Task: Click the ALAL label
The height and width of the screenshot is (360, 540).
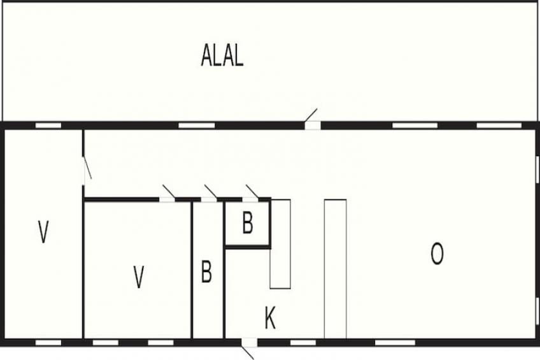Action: (222, 56)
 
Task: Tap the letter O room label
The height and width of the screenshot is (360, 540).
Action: (437, 254)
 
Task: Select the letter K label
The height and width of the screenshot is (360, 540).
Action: (270, 319)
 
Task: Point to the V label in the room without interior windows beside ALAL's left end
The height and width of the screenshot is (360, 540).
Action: (43, 232)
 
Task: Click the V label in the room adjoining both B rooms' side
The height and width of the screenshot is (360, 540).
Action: (138, 278)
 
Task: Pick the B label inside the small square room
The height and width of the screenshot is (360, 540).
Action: (248, 224)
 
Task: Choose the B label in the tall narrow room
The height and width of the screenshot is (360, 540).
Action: (206, 271)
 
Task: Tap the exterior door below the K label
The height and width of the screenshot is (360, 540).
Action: (248, 345)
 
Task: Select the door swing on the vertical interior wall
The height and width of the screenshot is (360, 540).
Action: (87, 169)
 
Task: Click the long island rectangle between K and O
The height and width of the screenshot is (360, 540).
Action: (335, 268)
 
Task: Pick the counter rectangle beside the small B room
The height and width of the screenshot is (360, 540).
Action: (280, 244)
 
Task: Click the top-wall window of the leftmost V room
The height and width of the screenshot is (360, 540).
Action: (48, 125)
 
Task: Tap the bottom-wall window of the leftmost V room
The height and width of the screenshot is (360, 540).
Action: (48, 343)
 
